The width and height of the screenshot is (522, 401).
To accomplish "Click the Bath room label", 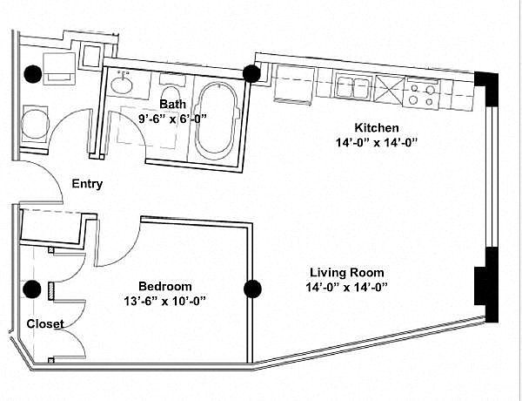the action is pos(172,104).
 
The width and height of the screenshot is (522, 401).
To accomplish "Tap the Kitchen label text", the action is pos(377,127).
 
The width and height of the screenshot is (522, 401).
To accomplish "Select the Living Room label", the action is pos(347,273).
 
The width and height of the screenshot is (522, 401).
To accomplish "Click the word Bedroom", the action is pos(165,286).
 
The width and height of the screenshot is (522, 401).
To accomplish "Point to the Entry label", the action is pos(87,184).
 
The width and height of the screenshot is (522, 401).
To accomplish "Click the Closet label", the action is pos(45,323).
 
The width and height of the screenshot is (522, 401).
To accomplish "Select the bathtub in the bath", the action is pos(217,121).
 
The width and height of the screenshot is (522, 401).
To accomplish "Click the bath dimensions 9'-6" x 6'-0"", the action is pos(173,118).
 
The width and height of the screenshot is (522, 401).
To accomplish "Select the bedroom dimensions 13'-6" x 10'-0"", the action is pos(165,301).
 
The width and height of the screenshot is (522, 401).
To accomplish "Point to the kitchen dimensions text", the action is pos(377,142).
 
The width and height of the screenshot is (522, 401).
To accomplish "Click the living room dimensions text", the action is pos(347,288).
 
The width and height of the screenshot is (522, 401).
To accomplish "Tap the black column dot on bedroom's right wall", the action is pos(252,289).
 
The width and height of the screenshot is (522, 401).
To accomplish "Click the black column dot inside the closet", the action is pos(32,289).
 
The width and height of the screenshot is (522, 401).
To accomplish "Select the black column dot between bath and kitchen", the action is pos(251,73).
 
